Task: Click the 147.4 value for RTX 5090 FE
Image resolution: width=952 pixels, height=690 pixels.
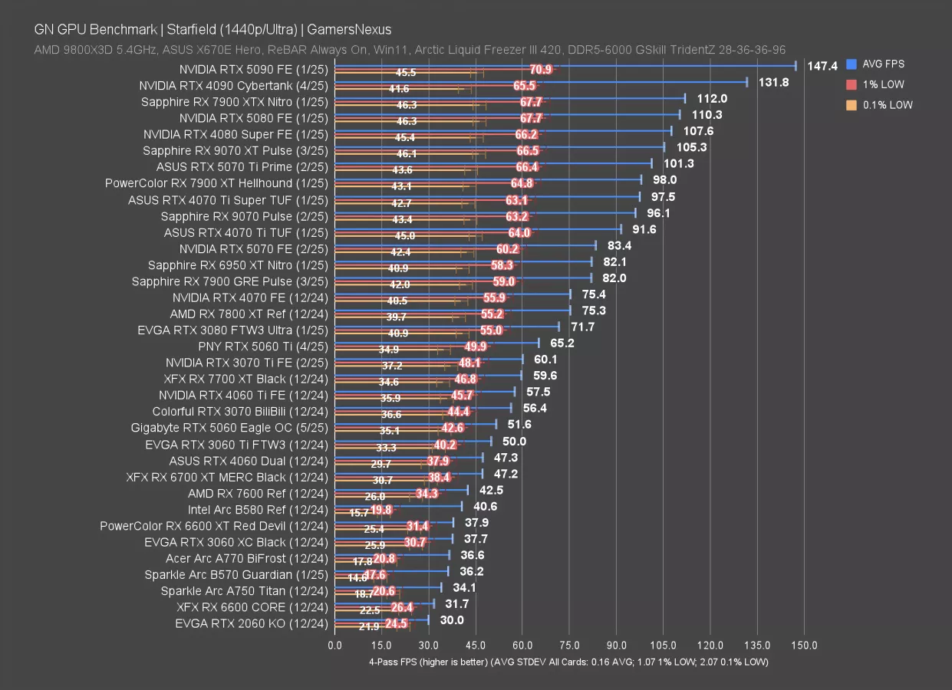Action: click(822, 66)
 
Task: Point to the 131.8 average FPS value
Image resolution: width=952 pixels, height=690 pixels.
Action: click(773, 82)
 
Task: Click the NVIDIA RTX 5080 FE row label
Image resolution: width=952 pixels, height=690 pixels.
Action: click(253, 118)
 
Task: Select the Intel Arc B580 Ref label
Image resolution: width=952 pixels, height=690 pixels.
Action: click(258, 509)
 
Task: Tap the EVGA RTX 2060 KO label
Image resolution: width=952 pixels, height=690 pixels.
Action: click(251, 623)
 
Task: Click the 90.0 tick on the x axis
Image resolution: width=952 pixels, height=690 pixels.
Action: click(616, 645)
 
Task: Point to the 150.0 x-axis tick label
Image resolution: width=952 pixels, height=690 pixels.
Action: click(804, 645)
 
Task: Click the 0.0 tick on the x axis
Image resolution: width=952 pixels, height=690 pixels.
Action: click(335, 645)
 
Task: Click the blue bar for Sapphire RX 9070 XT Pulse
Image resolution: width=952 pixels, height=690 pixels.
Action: click(499, 146)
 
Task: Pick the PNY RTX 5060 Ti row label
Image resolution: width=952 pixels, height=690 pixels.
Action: click(262, 347)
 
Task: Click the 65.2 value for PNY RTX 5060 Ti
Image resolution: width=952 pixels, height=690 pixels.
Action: click(562, 343)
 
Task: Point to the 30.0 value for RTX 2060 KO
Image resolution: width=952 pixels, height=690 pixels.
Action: click(452, 620)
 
